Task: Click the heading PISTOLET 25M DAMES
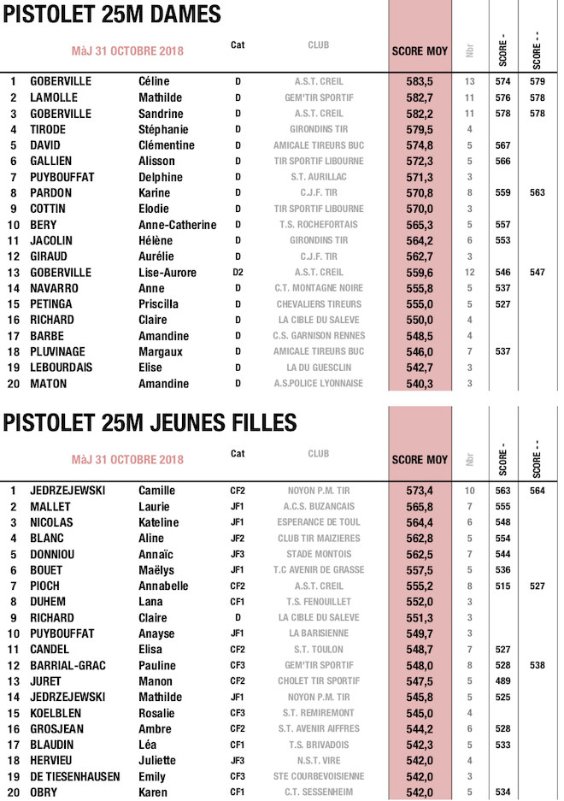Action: point(113,15)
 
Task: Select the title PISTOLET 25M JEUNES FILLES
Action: point(150,423)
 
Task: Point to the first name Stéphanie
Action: point(162,129)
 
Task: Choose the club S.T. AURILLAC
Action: point(319,177)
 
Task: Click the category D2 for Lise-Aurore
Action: point(238,273)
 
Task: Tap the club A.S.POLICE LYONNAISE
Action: point(319,384)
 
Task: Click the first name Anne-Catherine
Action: point(177,225)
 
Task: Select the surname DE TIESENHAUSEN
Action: point(75,776)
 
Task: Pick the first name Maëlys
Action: point(157,570)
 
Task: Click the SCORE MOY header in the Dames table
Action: point(420,51)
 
